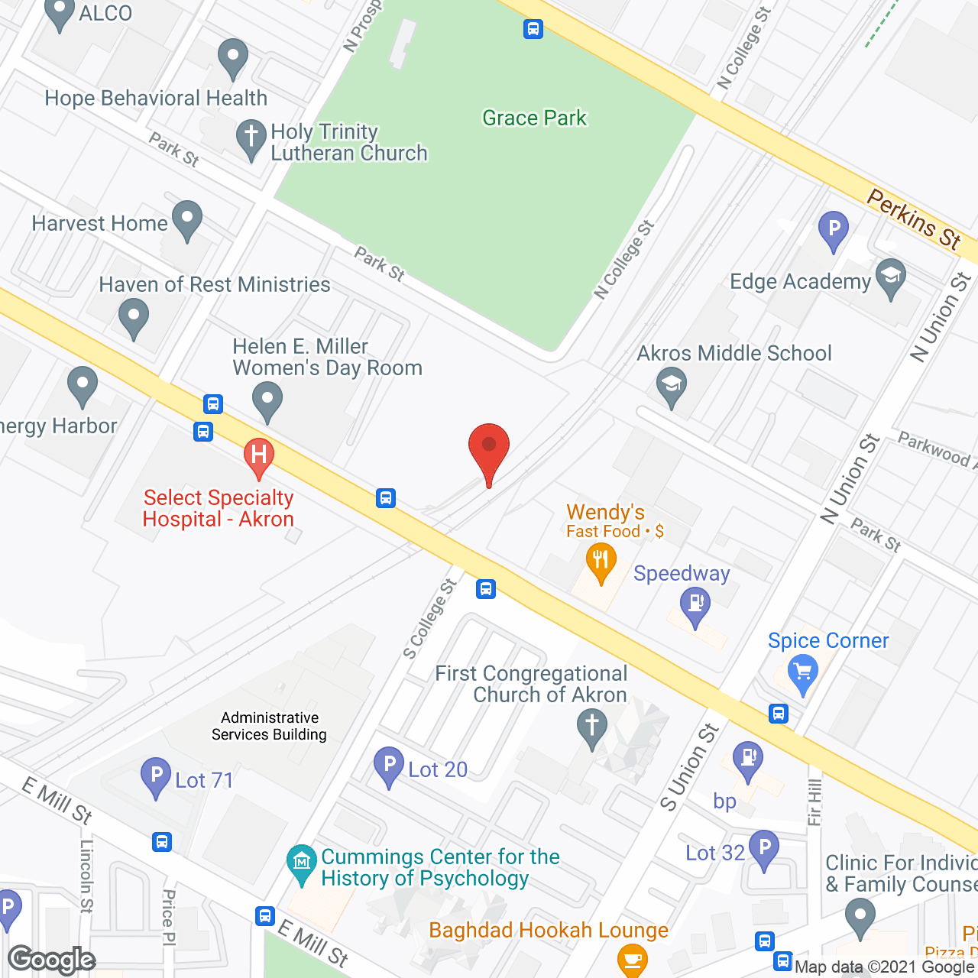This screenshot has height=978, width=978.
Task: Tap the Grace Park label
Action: point(534,118)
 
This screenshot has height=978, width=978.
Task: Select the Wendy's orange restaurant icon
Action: point(601,562)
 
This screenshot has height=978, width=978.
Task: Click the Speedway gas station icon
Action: point(695,605)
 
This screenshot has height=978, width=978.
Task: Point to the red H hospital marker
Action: point(259,455)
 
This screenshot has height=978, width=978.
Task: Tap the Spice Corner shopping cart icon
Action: point(802,673)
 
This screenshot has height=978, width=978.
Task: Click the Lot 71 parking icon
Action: point(156,776)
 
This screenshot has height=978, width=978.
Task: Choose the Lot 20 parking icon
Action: point(389,765)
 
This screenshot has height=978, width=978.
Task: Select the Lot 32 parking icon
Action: point(764,847)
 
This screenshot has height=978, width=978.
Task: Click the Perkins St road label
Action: point(914,219)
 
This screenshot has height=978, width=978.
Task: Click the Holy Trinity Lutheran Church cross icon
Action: point(251,138)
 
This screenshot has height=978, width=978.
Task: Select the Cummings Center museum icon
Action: point(302,863)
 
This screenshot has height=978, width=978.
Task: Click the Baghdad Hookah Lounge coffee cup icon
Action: point(632,959)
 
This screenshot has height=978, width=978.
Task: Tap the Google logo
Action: point(52,959)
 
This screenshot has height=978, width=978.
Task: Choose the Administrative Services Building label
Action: point(269,726)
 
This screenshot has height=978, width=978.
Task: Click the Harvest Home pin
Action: point(186,219)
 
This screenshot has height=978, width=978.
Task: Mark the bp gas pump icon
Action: point(748,760)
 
